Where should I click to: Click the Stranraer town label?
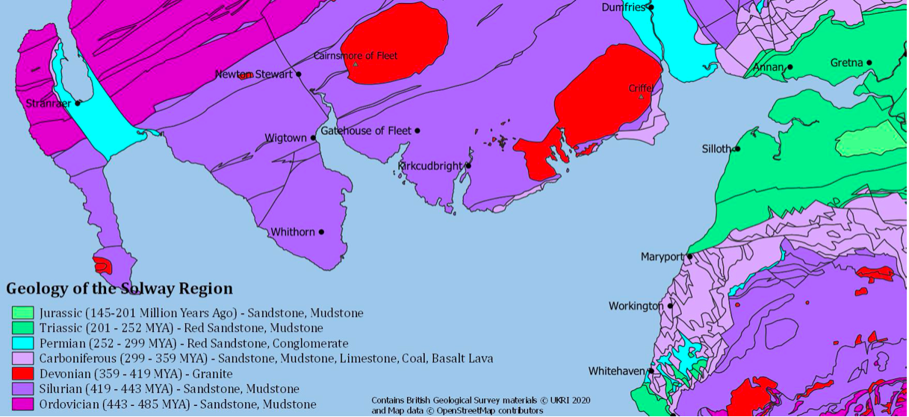pos(48,103)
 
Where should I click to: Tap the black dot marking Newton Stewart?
pos(299,74)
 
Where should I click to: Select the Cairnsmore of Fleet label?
pos(356,56)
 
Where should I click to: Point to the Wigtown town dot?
pos(314,138)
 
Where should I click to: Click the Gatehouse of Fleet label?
pos(365,131)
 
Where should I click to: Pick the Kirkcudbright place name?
pos(430,166)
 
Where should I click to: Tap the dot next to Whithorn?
pos(321,232)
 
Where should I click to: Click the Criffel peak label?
pos(641,88)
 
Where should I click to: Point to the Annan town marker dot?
pos(789,67)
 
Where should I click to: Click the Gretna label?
pos(846,63)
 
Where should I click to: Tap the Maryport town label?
pos(663,257)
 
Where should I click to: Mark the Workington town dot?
pos(670,305)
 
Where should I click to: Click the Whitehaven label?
pos(616,371)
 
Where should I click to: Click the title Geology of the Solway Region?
pos(120,289)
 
